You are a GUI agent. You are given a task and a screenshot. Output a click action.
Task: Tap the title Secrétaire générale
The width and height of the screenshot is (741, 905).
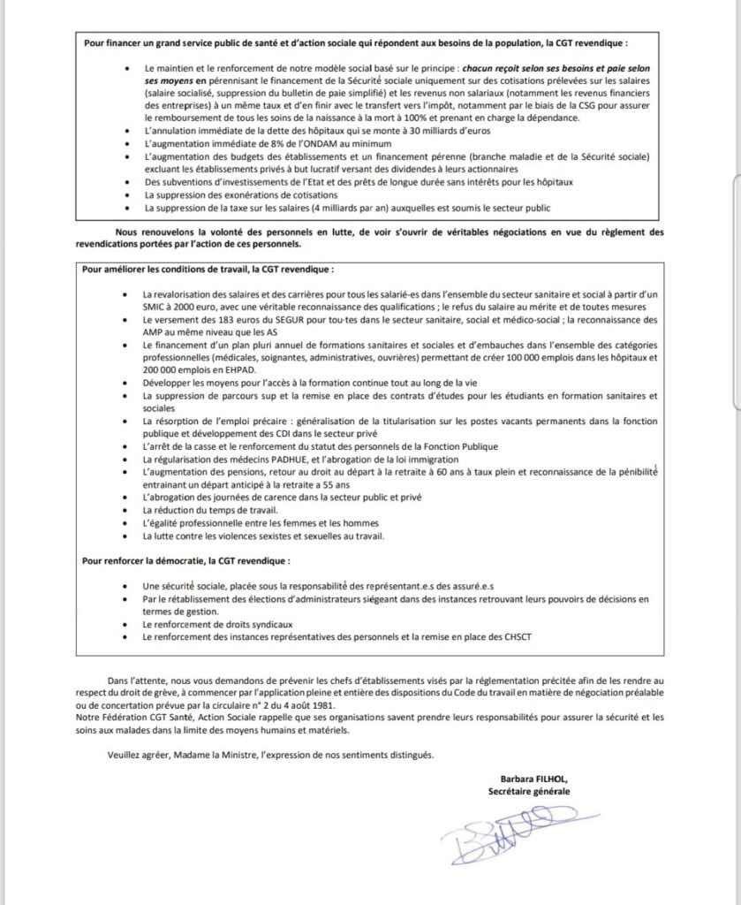pyautogui.click(x=530, y=791)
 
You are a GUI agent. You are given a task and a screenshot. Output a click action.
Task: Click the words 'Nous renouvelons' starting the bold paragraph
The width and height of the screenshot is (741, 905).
pyautogui.click(x=137, y=231)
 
